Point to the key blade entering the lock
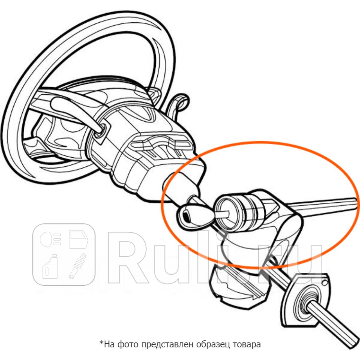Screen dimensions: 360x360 [222, 214]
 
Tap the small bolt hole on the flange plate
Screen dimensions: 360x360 [325, 284]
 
